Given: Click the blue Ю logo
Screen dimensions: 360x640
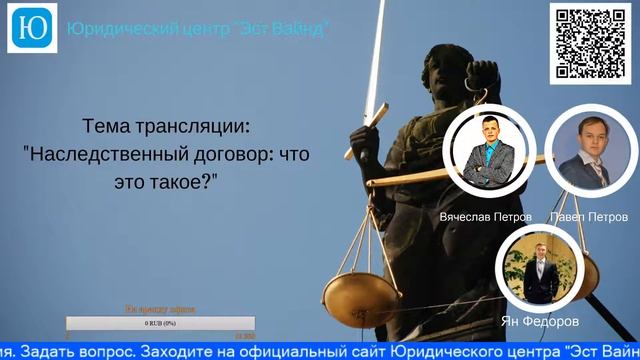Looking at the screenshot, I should click(x=32, y=27).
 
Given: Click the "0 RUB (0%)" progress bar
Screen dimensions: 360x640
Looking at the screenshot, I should click(x=160, y=323).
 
